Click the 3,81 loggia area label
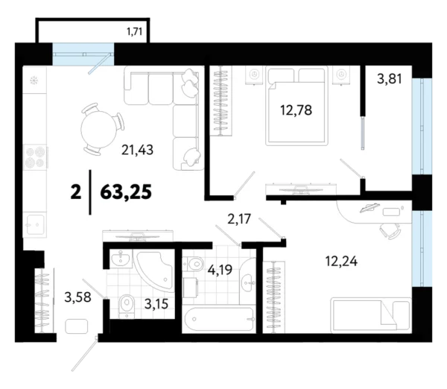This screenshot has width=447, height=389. coord(391,79)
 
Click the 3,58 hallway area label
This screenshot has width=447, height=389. coord(64,300)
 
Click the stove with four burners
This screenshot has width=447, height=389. coord(35,158)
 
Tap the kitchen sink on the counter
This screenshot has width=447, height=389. coord(34,222)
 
